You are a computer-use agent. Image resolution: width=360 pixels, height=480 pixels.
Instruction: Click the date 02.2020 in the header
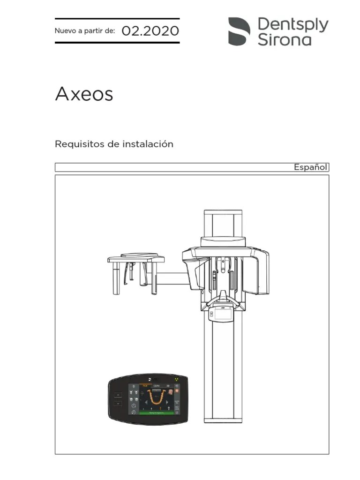[x=150, y=31]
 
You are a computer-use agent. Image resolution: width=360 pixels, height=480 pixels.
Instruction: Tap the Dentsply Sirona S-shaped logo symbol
[x=239, y=31]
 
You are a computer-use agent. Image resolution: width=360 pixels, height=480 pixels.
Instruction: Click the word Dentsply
[x=293, y=24]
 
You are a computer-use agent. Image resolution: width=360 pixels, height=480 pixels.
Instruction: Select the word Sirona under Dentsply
[x=285, y=39]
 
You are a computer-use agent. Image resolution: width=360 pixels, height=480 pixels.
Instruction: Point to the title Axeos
[x=84, y=94]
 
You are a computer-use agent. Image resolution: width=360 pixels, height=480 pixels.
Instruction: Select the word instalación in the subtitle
[x=148, y=144]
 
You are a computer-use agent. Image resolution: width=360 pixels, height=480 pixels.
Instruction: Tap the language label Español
[x=310, y=167]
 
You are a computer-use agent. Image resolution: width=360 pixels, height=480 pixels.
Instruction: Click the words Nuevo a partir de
[x=85, y=31]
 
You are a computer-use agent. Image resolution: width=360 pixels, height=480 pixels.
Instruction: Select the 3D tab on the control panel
[x=167, y=385]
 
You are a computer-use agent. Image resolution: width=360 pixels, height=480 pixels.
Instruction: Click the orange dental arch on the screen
[x=154, y=398]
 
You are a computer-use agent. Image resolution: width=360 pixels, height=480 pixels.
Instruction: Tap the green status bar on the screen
[x=154, y=413]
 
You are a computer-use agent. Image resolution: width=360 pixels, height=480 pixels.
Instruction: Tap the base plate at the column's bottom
[x=223, y=420]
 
